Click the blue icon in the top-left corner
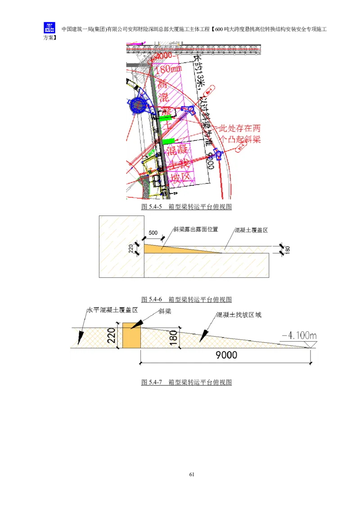48,28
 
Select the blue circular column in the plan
138,106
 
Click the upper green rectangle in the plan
166,118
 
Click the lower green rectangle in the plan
168,141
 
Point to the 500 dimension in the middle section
153,232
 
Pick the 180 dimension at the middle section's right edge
288,250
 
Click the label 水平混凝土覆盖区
112,310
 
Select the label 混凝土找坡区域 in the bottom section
238,315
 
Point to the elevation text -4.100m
299,335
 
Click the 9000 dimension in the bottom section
226,355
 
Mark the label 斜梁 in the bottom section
165,311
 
